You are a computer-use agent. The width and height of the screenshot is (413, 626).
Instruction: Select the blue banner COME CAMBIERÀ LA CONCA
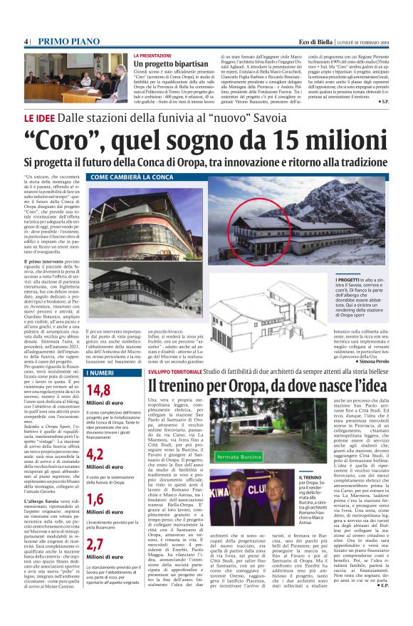[132, 176]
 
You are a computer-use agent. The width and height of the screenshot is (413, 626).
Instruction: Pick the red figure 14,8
[98, 390]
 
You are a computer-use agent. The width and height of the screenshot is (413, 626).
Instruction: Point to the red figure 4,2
[95, 454]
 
